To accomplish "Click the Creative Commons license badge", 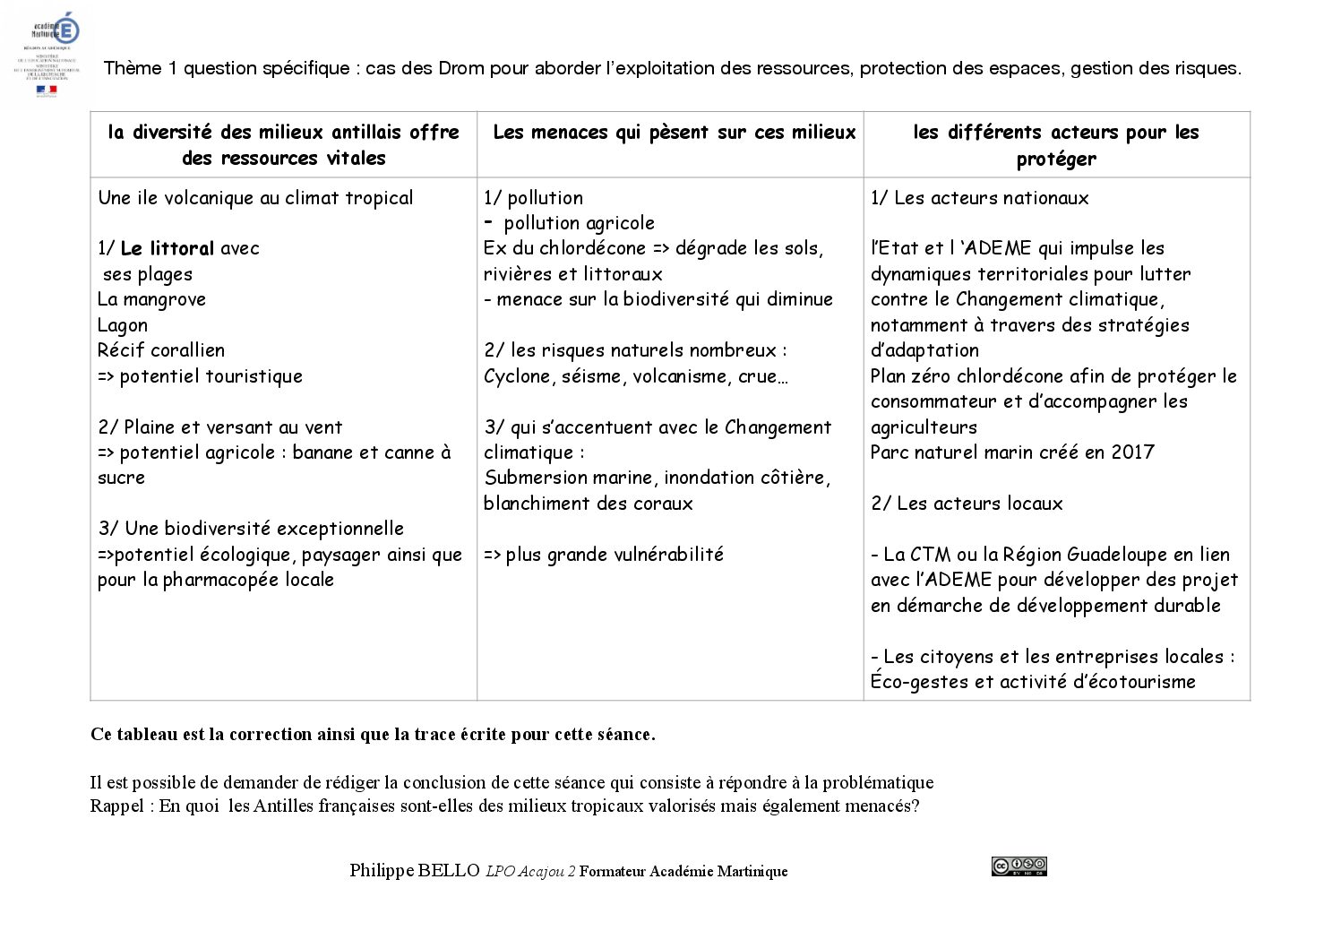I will click(x=1019, y=866).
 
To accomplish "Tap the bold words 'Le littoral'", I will click(x=167, y=248).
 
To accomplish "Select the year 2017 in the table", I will click(x=1132, y=452).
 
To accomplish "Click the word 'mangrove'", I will click(x=164, y=299).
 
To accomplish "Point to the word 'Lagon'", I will click(x=123, y=325).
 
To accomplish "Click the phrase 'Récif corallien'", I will click(x=161, y=350).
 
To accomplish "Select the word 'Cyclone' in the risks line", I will click(x=518, y=376).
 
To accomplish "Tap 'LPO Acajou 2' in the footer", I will click(x=530, y=871).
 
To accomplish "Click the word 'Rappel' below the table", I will click(x=116, y=806).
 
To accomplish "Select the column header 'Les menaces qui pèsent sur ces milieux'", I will click(x=674, y=133).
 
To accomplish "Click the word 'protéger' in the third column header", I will click(x=1056, y=159).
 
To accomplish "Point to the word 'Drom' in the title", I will click(x=461, y=68).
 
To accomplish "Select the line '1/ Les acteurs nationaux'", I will click(x=980, y=198).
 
